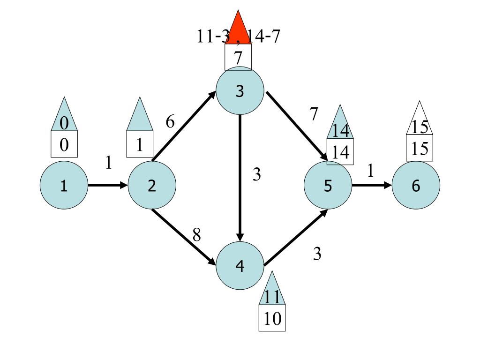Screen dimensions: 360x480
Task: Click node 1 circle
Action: tap(64, 186)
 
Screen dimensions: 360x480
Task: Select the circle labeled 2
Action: tap(152, 186)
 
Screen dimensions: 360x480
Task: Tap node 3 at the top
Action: tap(240, 91)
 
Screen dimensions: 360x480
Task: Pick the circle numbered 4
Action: tap(240, 266)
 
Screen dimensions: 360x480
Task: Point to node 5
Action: tap(328, 186)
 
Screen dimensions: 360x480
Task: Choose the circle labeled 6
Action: tap(416, 186)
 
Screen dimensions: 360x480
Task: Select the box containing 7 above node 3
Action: tap(238, 58)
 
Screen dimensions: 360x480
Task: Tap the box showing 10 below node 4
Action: tap(272, 319)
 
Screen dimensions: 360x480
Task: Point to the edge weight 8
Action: tap(197, 234)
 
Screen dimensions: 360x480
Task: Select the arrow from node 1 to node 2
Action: tap(107, 185)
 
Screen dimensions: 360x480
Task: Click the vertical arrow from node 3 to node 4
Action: tap(240, 178)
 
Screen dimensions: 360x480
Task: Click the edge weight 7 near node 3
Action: tap(314, 113)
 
